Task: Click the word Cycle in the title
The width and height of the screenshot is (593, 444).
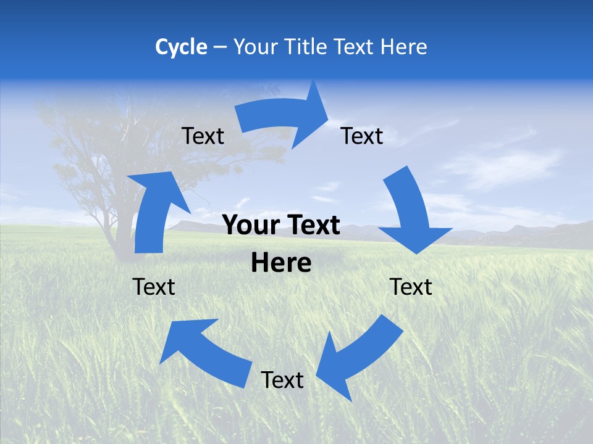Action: pyautogui.click(x=181, y=47)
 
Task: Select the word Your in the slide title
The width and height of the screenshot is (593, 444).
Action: pyautogui.click(x=254, y=47)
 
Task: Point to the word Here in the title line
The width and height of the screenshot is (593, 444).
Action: pyautogui.click(x=404, y=47)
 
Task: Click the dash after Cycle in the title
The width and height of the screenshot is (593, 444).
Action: pyautogui.click(x=220, y=47)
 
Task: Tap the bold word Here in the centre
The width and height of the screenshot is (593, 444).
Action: pyautogui.click(x=281, y=263)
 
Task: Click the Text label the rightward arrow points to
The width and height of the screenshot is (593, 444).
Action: pyautogui.click(x=362, y=136)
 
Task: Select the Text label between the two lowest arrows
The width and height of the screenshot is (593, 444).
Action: pyautogui.click(x=282, y=380)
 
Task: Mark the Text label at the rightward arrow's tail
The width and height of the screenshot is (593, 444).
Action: pyautogui.click(x=203, y=136)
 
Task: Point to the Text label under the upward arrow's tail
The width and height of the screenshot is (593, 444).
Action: pyautogui.click(x=154, y=287)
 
